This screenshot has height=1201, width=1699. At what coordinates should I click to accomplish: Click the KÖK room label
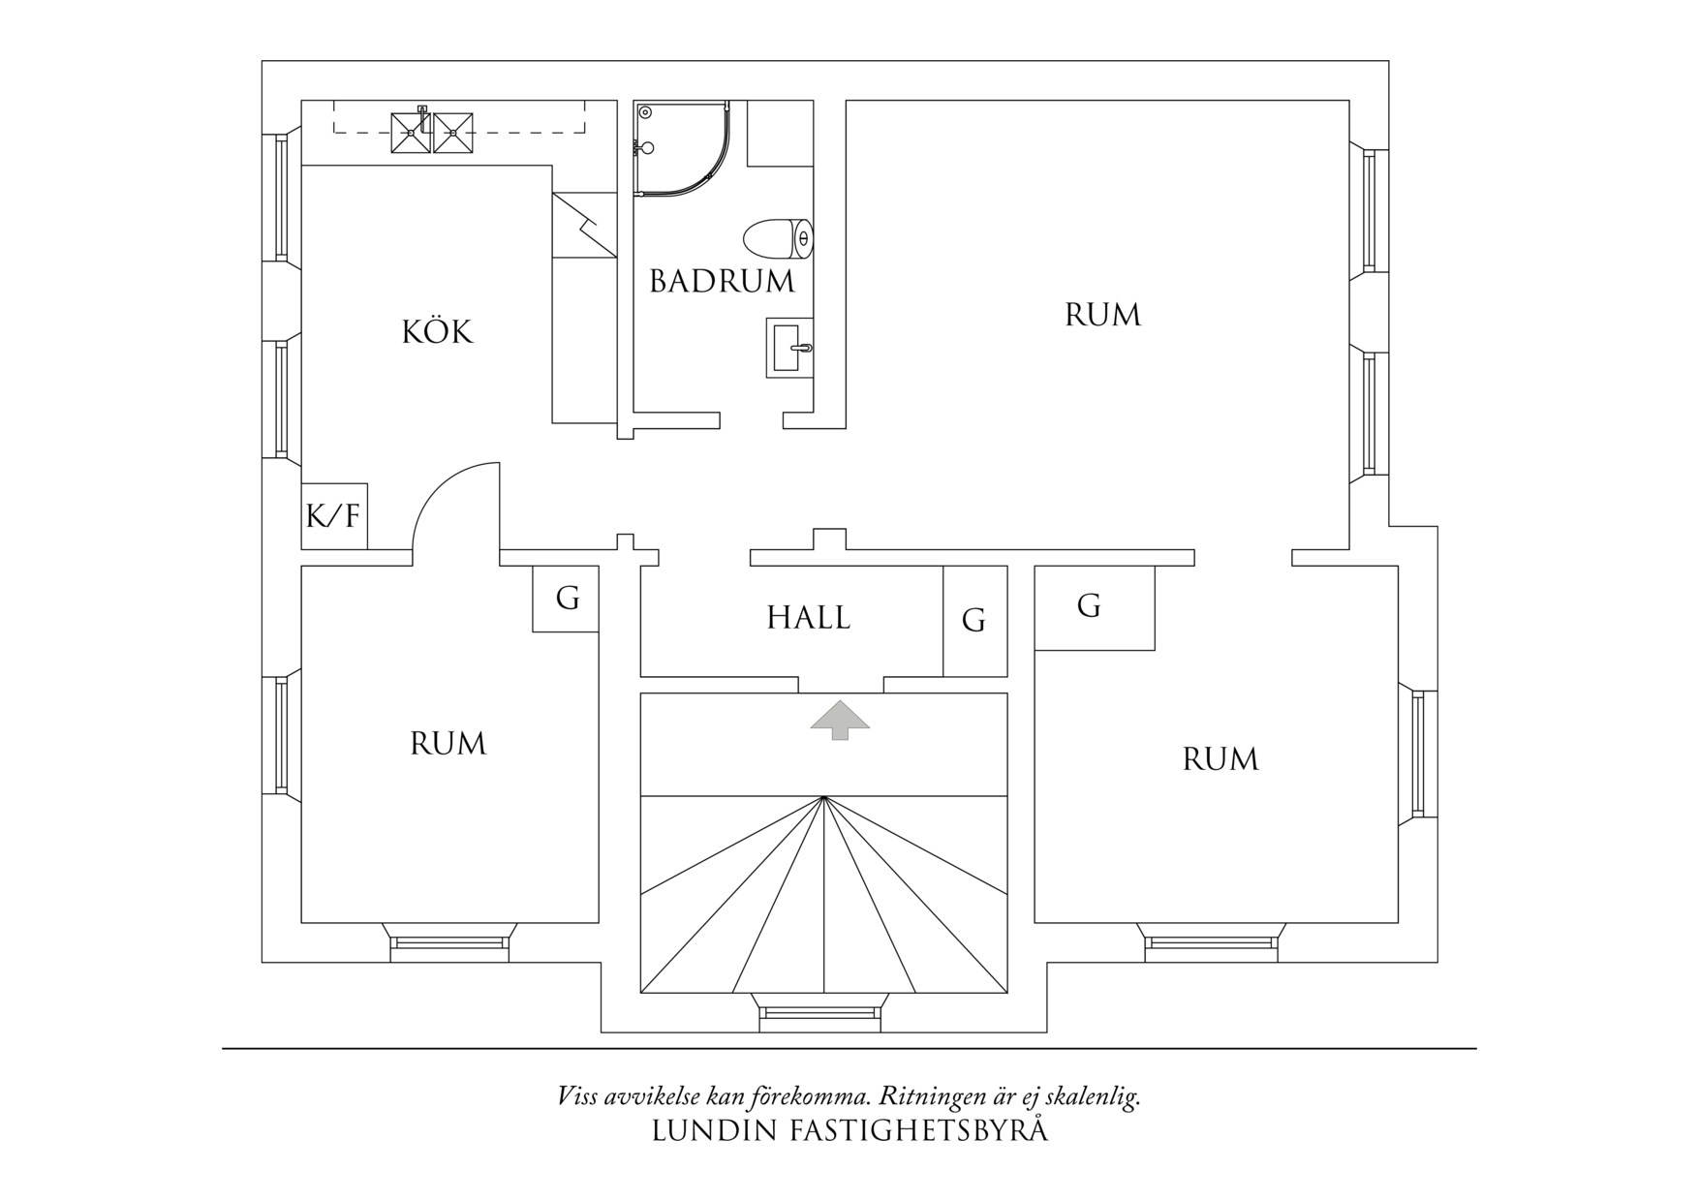point(437,332)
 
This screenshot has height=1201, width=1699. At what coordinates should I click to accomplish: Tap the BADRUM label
point(722,282)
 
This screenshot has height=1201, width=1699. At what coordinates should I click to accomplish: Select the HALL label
point(808,618)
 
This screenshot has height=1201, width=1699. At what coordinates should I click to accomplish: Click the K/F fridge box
point(333,515)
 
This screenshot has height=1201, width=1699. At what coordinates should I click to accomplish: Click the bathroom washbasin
point(788,347)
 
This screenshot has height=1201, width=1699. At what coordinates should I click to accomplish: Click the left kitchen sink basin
point(410,133)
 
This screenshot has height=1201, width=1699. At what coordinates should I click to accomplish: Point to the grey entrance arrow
point(840,719)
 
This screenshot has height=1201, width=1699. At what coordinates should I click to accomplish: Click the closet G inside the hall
point(974,621)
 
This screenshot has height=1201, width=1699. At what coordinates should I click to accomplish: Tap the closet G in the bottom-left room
point(567,600)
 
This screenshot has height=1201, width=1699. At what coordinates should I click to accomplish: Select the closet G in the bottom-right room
point(1089,607)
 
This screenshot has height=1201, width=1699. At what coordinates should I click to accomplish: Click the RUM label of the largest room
point(1102,316)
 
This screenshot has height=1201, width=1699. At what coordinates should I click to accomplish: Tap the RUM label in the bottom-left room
point(448,744)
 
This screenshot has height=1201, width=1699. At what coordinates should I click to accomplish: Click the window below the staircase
point(821,1012)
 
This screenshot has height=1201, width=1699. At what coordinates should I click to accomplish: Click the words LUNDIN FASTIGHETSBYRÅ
point(849,1131)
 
